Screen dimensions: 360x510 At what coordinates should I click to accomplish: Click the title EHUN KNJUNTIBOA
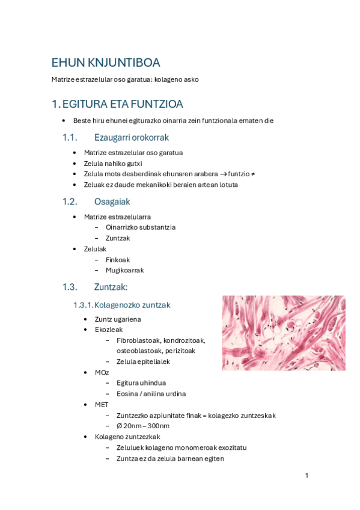[105, 63]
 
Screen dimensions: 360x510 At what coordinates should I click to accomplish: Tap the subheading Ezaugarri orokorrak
[131, 138]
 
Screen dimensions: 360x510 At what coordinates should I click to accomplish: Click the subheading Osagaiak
[112, 201]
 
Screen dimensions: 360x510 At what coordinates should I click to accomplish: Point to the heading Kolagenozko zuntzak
[133, 306]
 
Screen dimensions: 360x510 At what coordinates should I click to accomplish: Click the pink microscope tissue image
[283, 333]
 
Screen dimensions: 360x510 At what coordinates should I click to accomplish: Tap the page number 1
[307, 476]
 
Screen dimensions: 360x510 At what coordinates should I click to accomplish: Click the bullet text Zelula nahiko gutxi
[113, 163]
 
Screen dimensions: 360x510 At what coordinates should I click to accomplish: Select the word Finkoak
[118, 260]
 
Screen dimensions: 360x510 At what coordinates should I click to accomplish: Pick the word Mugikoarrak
[124, 271]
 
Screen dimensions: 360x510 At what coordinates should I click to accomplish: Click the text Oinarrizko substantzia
[141, 227]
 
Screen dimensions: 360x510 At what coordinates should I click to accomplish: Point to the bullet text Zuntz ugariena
[118, 319]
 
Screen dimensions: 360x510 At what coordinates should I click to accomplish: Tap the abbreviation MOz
[102, 373]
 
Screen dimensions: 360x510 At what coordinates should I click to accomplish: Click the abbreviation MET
[102, 405]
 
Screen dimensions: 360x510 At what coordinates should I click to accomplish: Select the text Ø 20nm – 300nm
[143, 426]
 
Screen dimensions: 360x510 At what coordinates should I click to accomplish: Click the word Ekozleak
[109, 330]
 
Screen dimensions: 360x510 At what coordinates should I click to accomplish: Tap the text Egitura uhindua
[141, 383]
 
